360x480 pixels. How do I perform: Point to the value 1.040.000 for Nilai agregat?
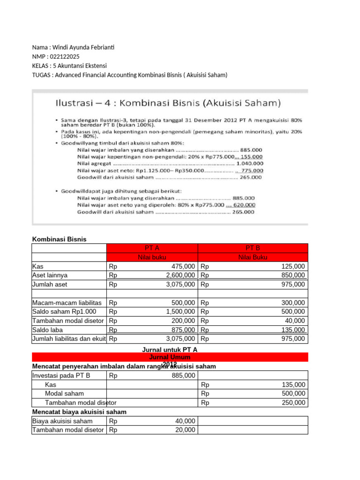[250, 164]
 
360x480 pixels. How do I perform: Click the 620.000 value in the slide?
[244, 205]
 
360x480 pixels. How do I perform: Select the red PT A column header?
[152, 248]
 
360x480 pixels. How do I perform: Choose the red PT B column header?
[253, 248]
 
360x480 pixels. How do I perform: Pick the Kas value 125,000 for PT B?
[293, 266]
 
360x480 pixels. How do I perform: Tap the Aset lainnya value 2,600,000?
[178, 275]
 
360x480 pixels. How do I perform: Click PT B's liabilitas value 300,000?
[293, 303]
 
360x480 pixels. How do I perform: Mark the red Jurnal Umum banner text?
[169, 357]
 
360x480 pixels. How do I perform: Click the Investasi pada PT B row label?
[61, 375]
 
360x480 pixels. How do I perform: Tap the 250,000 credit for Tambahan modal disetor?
[293, 403]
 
